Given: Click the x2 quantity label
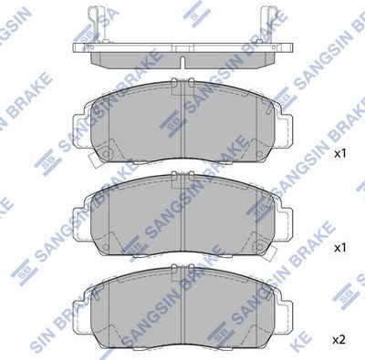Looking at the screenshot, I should click(339, 339).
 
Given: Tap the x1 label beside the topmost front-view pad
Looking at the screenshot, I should click(339, 155).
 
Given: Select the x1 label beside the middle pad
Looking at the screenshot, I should click(339, 247).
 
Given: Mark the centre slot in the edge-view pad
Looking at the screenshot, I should click(182, 63).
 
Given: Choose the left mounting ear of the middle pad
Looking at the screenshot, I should click(80, 211).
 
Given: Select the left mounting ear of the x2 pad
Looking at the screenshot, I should click(80, 301).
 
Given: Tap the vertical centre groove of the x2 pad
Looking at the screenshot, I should click(182, 301).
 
